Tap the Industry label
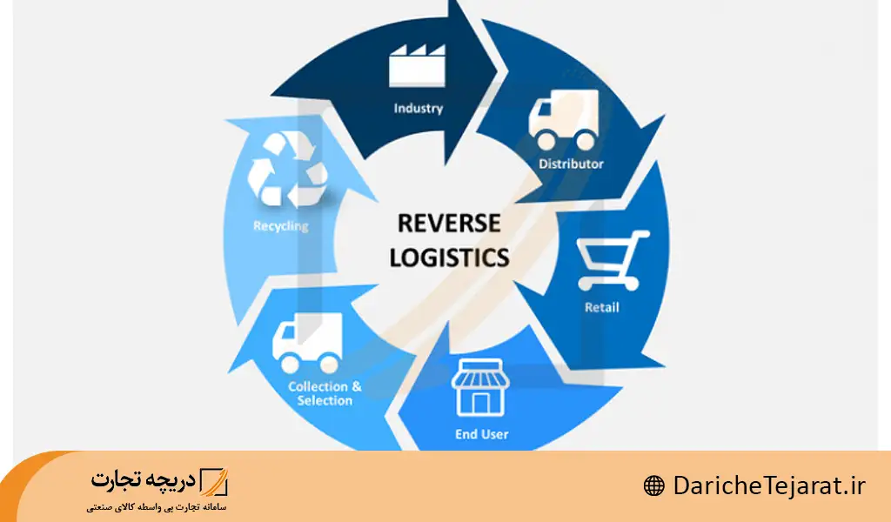(418, 109)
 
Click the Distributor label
(571, 164)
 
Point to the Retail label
(602, 307)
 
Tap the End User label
(481, 433)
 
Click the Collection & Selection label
(325, 393)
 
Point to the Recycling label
(280, 226)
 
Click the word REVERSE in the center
(449, 224)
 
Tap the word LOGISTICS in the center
(449, 258)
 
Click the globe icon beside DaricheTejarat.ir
(653, 485)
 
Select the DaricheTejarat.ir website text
(769, 485)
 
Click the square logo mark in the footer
(213, 481)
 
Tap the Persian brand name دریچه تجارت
(144, 481)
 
